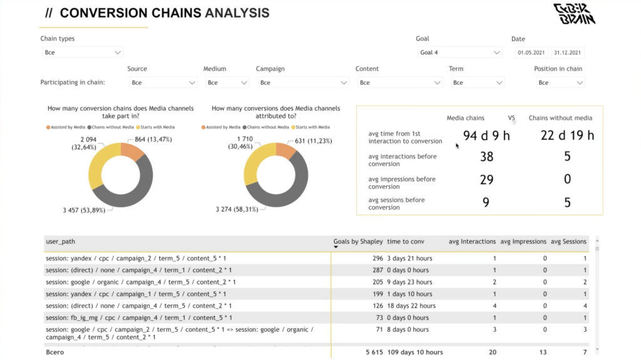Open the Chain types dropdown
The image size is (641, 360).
(x=83, y=53)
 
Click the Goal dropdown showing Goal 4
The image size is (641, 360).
(x=460, y=53)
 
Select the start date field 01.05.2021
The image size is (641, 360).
(x=531, y=53)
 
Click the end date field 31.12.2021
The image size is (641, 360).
(x=568, y=53)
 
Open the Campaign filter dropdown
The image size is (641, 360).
(x=302, y=83)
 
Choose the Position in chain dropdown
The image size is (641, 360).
(x=560, y=83)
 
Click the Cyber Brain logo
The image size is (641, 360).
(x=574, y=14)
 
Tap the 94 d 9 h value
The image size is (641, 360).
(x=486, y=135)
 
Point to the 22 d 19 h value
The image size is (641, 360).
(x=567, y=135)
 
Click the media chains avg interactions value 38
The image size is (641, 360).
(x=486, y=157)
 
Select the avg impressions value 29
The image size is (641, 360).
(x=486, y=180)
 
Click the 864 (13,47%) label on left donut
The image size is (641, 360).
(x=153, y=139)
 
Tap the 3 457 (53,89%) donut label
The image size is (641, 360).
(x=87, y=210)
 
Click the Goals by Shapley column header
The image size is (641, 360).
(x=358, y=242)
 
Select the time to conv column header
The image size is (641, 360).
(x=406, y=242)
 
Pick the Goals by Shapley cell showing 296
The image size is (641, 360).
(x=377, y=258)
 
